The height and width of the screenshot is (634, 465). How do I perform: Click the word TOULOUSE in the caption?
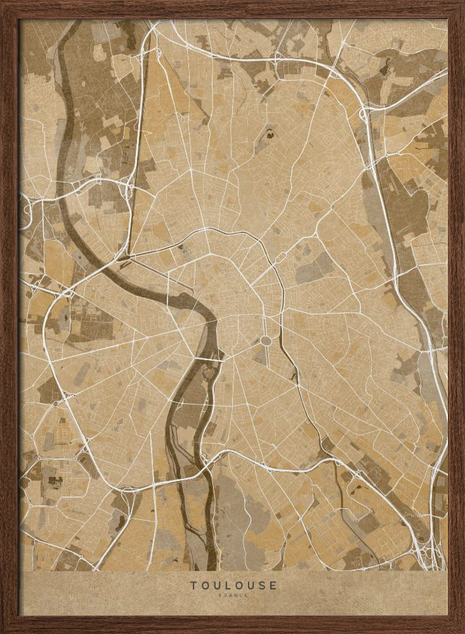(233, 585)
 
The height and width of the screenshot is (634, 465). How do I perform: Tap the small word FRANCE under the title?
(233, 595)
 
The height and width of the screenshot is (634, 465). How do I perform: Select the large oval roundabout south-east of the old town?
(266, 341)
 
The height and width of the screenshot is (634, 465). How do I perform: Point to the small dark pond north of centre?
(269, 133)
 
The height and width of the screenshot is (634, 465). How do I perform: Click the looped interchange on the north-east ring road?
(364, 114)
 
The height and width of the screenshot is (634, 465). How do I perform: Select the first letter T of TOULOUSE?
(192, 585)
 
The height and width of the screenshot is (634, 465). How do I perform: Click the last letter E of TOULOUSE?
(273, 585)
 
